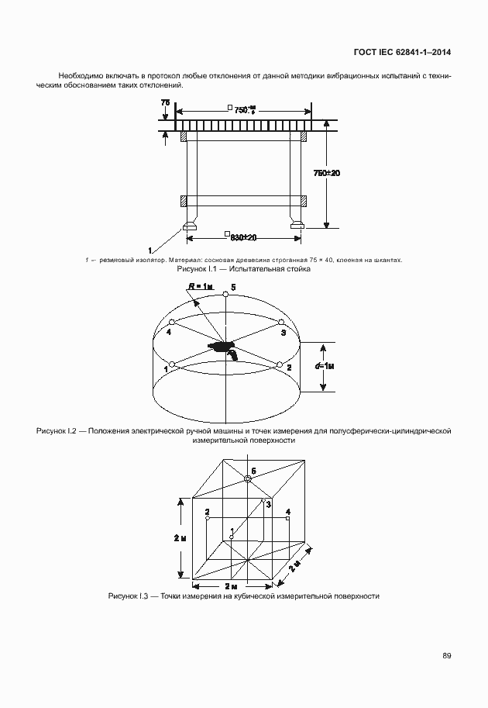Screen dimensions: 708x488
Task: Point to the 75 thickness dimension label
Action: pyautogui.click(x=165, y=102)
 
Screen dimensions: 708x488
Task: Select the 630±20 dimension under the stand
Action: pyautogui.click(x=240, y=237)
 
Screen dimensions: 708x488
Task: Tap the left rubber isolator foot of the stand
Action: pyautogui.click(x=190, y=226)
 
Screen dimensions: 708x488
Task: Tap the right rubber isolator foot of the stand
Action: pyautogui.click(x=296, y=226)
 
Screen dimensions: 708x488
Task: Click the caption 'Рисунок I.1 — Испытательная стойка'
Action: pyautogui.click(x=244, y=269)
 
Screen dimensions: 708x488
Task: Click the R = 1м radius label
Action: pyautogui.click(x=201, y=286)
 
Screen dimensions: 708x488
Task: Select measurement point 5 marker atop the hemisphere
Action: pyautogui.click(x=225, y=294)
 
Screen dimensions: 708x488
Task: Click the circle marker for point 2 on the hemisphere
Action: pyautogui.click(x=278, y=364)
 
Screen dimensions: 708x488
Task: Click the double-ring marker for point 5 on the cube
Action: pyautogui.click(x=248, y=479)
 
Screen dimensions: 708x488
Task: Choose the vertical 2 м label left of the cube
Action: pyautogui.click(x=179, y=537)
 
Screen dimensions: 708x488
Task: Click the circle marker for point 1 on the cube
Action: pyautogui.click(x=231, y=536)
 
